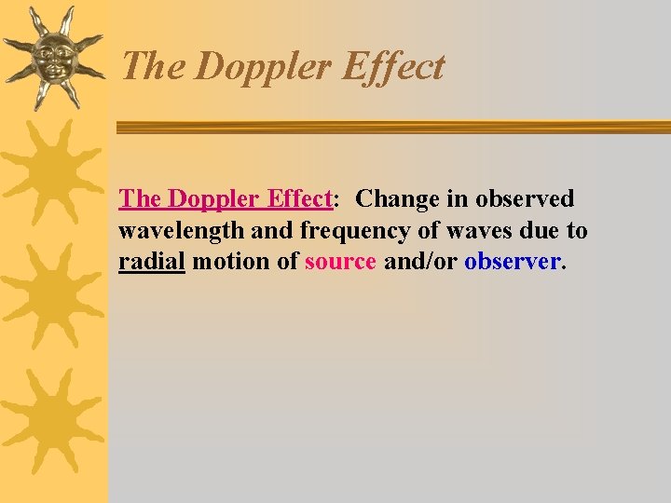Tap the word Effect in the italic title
click(393, 68)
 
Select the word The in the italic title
click(155, 67)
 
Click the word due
click(532, 231)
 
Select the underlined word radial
click(153, 262)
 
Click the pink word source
click(341, 262)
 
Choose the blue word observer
click(513, 262)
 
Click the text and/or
click(420, 262)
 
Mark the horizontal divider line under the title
click(391, 128)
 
